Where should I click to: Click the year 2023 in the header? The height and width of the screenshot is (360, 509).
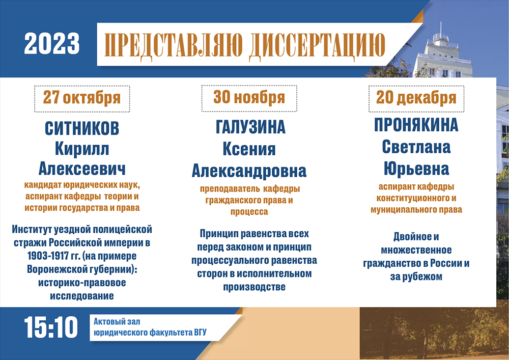click(x=52, y=43)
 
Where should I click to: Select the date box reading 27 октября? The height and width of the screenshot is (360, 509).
click(x=82, y=99)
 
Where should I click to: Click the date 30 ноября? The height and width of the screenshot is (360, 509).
click(x=249, y=97)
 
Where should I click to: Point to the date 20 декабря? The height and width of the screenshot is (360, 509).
click(x=416, y=98)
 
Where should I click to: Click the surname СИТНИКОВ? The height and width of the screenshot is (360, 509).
click(x=82, y=128)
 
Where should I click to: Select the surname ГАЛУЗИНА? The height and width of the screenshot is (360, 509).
click(x=250, y=127)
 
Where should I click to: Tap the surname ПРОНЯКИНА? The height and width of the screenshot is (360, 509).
click(x=416, y=125)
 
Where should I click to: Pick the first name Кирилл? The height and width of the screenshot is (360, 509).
click(x=82, y=149)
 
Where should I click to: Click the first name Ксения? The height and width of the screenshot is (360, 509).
click(x=249, y=149)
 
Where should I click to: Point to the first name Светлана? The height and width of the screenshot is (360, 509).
click(x=416, y=147)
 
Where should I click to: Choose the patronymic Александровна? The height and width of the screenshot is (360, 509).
click(x=249, y=171)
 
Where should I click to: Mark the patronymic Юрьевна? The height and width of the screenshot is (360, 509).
click(x=416, y=169)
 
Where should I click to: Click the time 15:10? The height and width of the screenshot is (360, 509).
click(x=51, y=327)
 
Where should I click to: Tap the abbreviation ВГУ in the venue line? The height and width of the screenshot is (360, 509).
click(x=200, y=333)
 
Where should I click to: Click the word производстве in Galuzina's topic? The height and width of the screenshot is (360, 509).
click(x=254, y=287)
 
